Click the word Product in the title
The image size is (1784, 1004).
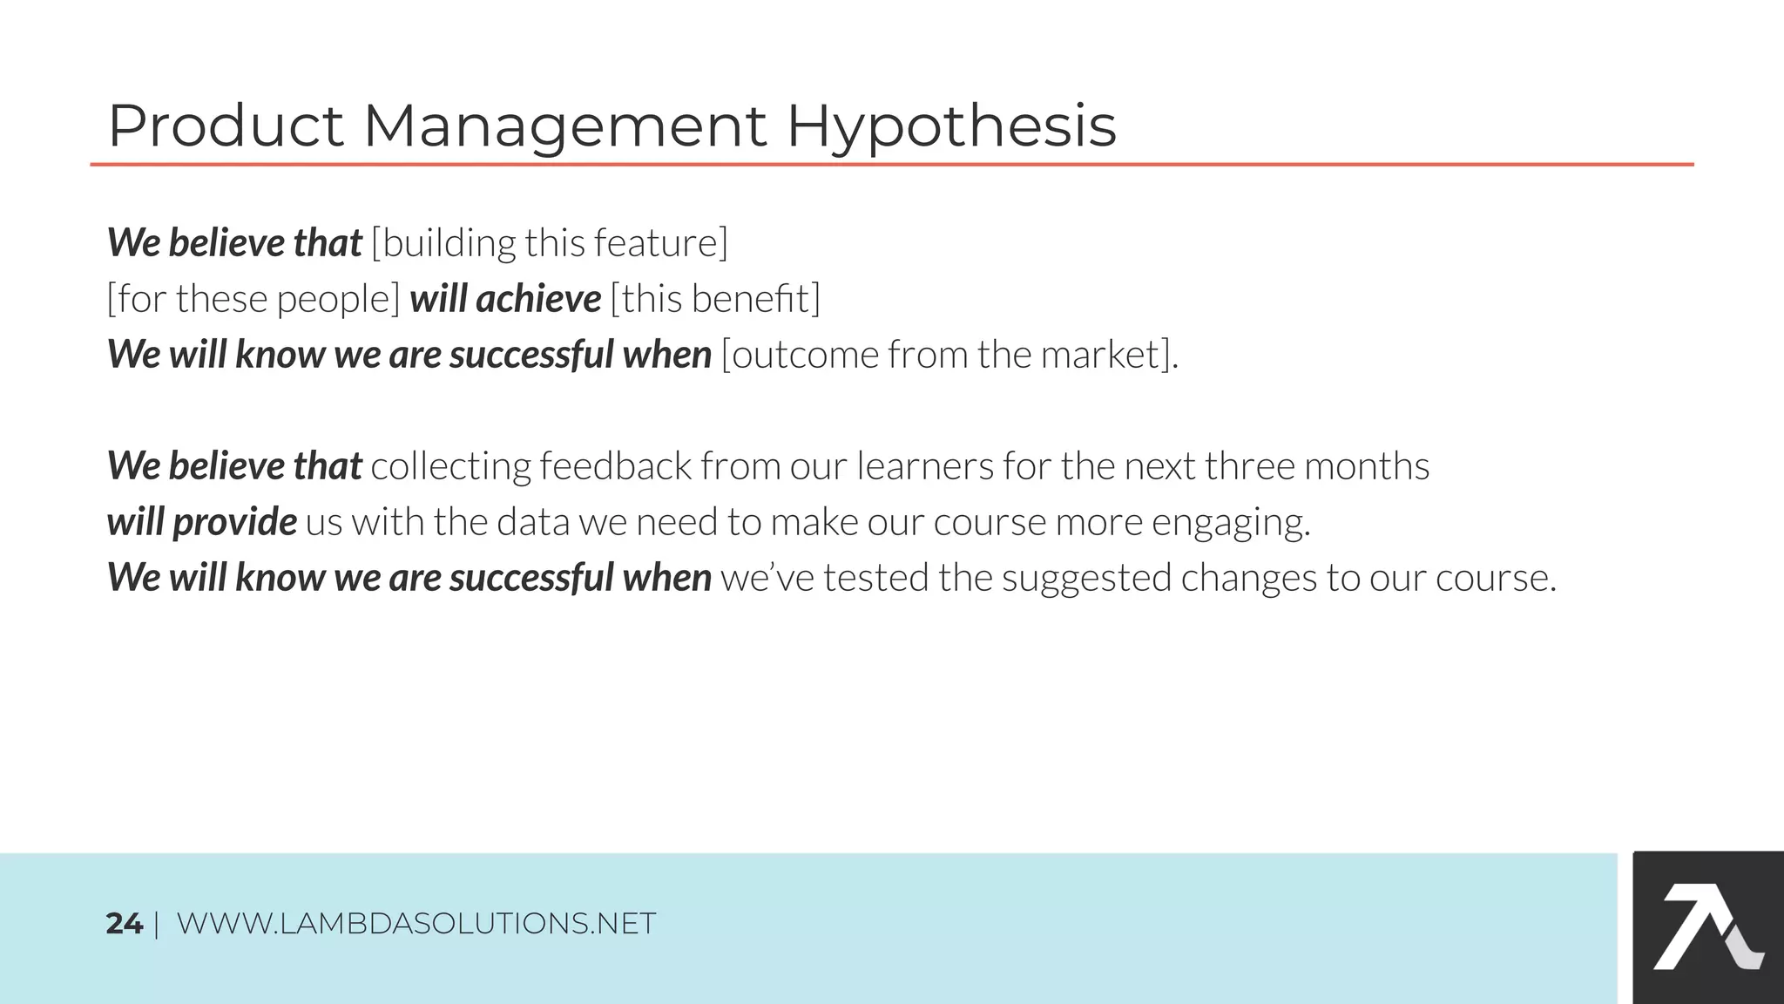tap(225, 126)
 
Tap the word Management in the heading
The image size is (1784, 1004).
tap(564, 127)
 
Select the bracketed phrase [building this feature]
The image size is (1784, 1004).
tap(549, 243)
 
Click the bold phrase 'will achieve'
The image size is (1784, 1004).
tap(505, 299)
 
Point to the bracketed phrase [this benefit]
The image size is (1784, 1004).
tap(715, 299)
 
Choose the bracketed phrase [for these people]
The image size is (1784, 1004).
tap(253, 299)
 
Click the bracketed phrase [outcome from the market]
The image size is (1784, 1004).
tap(949, 355)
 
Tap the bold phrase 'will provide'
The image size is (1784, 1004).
tap(201, 522)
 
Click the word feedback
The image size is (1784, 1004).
tap(615, 466)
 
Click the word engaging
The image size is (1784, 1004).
tap(1230, 523)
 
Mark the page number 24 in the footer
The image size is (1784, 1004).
tap(124, 924)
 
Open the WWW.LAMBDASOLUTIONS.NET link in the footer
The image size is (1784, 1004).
tap(416, 924)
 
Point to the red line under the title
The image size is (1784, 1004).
tap(892, 164)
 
